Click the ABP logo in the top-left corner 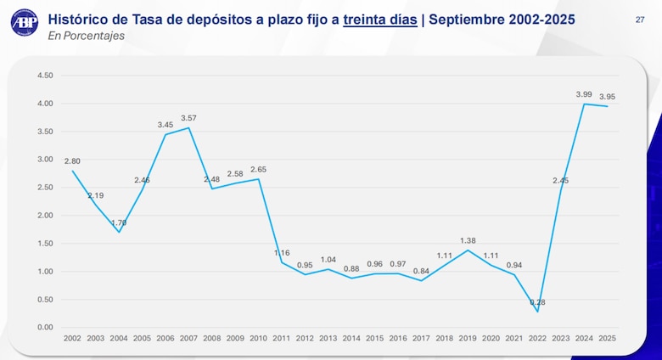pos(25,22)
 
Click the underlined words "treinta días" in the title pos(380,18)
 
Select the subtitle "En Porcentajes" pos(87,36)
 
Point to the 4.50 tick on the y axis pos(46,76)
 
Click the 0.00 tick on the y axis pos(46,328)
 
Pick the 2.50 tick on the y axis pos(46,188)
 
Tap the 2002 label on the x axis pos(72,338)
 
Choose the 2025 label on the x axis pos(607,338)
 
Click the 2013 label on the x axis pos(328,338)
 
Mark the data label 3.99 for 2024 pos(584,94)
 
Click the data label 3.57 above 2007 pos(188,118)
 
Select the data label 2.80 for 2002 pos(72,160)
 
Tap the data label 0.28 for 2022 pos(537,302)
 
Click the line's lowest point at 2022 pos(537,312)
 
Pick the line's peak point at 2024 pos(584,104)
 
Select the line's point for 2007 pos(188,127)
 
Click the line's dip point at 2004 pos(119,232)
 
